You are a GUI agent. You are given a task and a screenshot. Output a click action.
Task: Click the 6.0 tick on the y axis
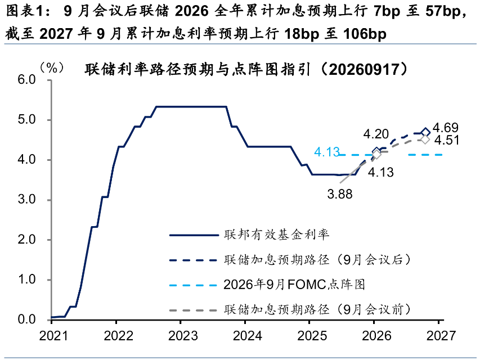(x=26, y=80)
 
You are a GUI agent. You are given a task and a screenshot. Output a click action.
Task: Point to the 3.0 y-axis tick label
(x=26, y=200)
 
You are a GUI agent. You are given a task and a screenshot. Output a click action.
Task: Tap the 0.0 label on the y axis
(x=26, y=319)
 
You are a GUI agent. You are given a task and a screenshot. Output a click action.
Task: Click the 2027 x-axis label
(x=441, y=336)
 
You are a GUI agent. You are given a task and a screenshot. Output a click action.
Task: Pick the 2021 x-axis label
(x=53, y=336)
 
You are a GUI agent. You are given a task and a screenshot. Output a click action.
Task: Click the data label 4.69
(x=446, y=128)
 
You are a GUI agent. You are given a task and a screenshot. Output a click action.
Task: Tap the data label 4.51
(x=447, y=141)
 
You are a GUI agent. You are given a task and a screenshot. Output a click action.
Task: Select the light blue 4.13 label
(x=327, y=152)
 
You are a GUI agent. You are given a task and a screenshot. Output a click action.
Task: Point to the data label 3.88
(x=340, y=194)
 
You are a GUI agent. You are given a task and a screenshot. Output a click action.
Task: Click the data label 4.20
(x=376, y=134)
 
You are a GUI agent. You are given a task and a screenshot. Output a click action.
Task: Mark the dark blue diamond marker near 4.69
(x=425, y=132)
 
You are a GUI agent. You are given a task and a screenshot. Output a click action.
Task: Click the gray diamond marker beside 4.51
(x=425, y=139)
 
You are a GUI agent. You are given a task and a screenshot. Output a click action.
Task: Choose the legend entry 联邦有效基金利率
(x=249, y=235)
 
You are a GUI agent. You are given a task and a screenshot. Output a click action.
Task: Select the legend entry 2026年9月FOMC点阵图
(x=267, y=285)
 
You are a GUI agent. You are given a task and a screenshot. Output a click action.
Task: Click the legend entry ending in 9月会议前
(x=290, y=309)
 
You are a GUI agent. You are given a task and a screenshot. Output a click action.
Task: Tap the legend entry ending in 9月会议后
(x=290, y=259)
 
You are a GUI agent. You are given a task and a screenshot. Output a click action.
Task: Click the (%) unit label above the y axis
(x=52, y=67)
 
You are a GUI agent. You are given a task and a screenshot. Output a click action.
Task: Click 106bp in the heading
(x=365, y=34)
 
